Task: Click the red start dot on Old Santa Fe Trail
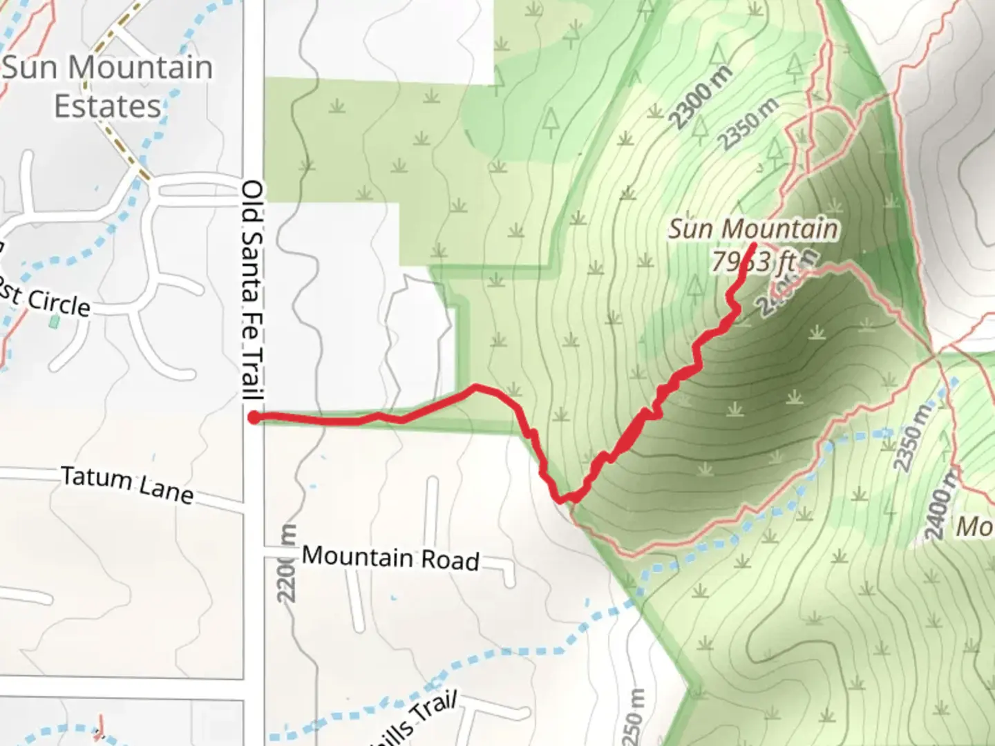[254, 417]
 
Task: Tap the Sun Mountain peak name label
[753, 229]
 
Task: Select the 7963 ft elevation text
[753, 262]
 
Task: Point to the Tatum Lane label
[126, 484]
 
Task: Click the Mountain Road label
[390, 557]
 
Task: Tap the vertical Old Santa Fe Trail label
[253, 290]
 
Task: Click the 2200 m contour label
[288, 563]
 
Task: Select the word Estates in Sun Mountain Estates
[107, 107]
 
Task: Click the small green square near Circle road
[54, 321]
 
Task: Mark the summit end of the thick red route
[752, 245]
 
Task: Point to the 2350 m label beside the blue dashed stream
[911, 439]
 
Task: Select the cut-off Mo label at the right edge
[974, 527]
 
